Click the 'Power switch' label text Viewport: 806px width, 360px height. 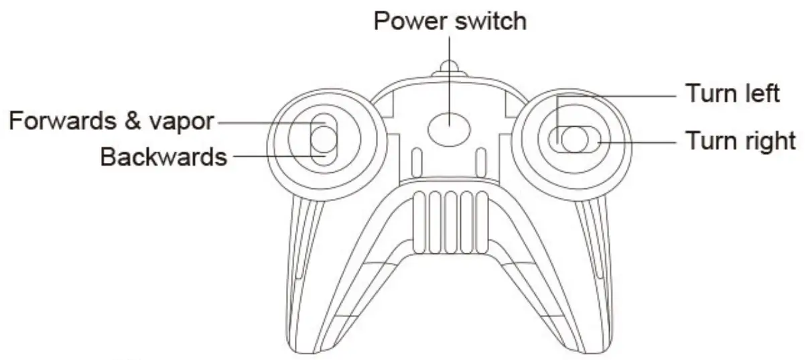450,21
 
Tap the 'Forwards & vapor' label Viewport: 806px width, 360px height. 111,122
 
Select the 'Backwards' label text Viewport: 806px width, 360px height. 163,157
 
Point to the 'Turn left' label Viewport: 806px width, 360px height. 732,93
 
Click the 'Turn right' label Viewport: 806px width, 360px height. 740,141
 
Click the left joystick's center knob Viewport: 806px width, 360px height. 322,139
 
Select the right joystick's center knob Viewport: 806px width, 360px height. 574,139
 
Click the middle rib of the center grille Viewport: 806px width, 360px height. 450,222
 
